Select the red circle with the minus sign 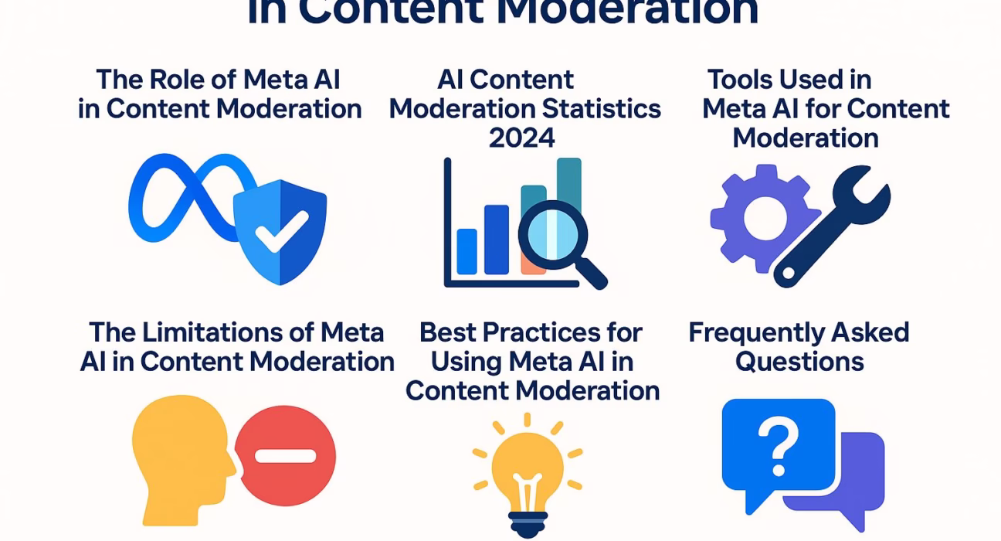[285, 456]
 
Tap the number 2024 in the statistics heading [522, 138]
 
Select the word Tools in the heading [741, 80]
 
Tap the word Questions [799, 361]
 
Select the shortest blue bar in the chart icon [467, 251]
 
